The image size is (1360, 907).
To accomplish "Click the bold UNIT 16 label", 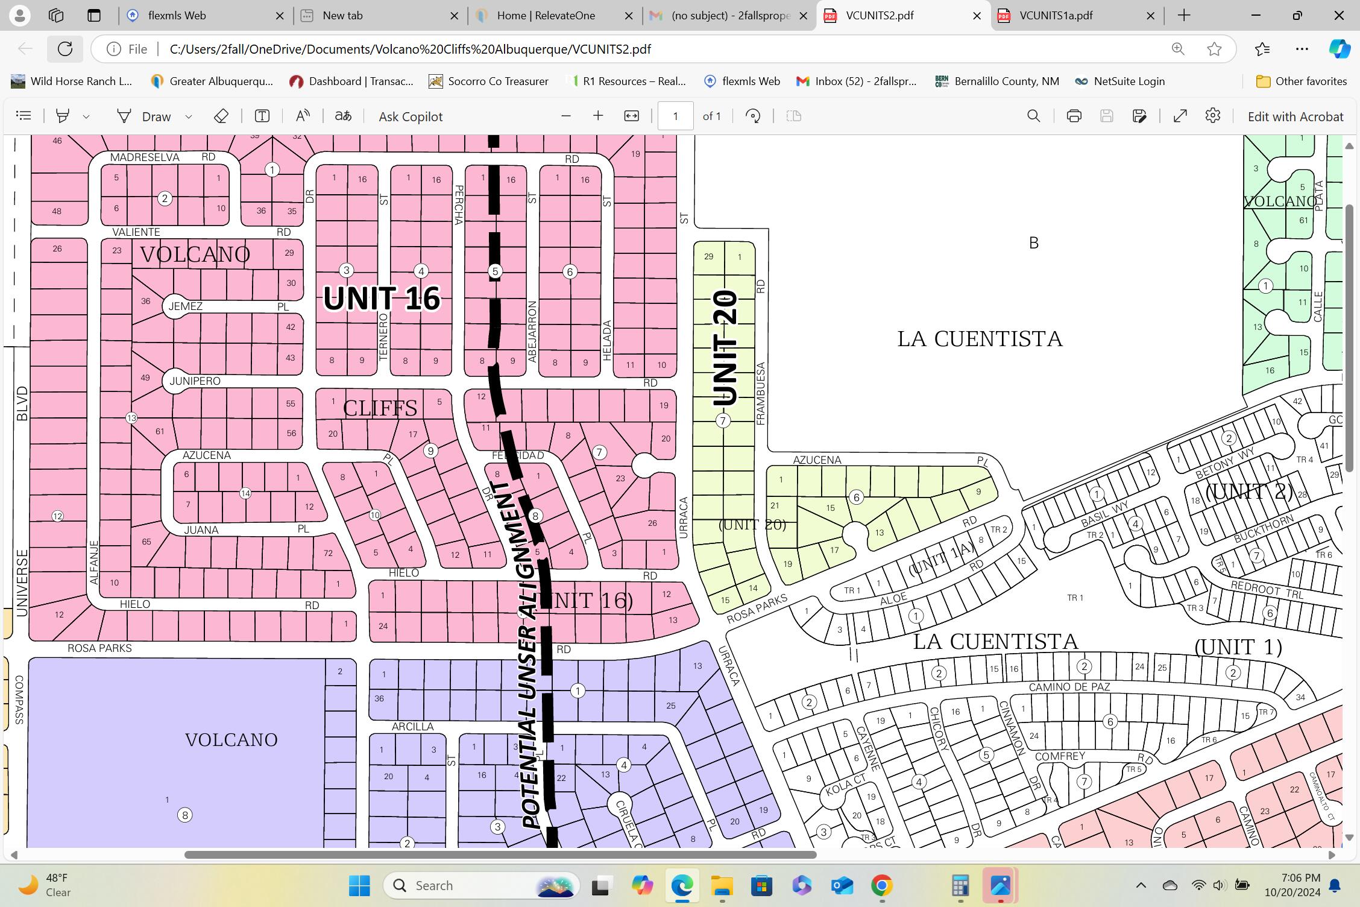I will point(382,299).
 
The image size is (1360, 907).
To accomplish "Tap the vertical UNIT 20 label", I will point(725,348).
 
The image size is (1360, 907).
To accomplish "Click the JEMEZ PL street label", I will point(185,306).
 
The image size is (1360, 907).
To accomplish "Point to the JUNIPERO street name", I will point(195,381).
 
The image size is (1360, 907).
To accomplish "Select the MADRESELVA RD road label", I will point(145,157).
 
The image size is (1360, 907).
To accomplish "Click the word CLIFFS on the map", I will point(380,408).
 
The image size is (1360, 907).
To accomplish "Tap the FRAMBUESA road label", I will point(761,393).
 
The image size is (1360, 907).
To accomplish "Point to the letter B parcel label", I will point(1034,243).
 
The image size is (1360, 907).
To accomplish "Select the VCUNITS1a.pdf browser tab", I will point(1056,16).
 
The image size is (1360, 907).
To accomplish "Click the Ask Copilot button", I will point(411,116).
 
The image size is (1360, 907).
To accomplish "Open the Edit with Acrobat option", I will point(1295,116).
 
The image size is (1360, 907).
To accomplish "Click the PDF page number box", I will point(675,116).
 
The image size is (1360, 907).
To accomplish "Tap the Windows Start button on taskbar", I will point(360,885).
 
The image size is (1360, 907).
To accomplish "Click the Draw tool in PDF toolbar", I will point(145,116).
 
